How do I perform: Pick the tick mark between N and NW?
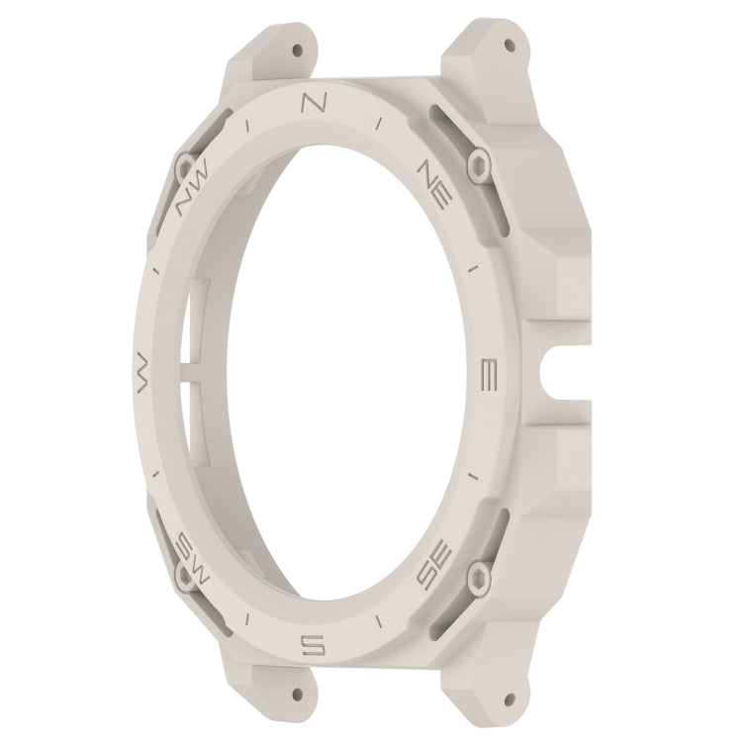click(246, 127)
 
